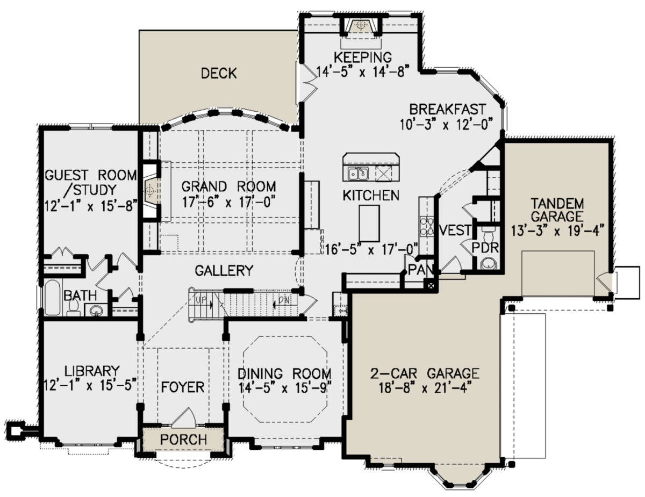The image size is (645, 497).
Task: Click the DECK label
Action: (219, 73)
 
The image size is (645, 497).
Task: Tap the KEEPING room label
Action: (363, 57)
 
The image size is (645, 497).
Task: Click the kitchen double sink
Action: (359, 173)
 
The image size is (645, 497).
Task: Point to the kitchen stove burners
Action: (426, 226)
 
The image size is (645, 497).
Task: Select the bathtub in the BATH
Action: (53, 297)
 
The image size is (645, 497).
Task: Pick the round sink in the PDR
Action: (488, 263)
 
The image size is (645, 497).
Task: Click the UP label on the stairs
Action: (201, 300)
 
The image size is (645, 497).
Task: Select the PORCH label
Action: (183, 440)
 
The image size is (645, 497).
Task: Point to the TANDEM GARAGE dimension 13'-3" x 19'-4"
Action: (557, 231)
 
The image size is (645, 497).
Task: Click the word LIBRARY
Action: (92, 371)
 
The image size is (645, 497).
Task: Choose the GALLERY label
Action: (224, 270)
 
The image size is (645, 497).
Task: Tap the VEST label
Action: (455, 230)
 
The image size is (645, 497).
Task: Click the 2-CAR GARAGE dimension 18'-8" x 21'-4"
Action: (425, 388)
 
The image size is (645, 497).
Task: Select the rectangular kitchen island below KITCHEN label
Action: (369, 223)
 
